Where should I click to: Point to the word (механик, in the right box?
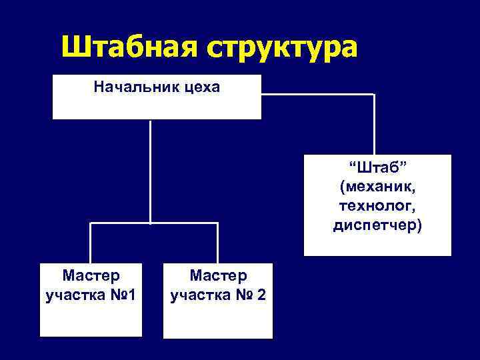377,185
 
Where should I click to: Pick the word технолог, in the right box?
377,205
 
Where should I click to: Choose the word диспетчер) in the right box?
377,225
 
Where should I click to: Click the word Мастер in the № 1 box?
91,275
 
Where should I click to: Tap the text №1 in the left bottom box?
123,294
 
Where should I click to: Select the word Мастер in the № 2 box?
218,275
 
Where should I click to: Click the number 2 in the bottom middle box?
261,294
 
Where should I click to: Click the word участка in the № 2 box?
198,294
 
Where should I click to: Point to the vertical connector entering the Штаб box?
375,127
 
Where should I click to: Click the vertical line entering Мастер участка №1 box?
91,243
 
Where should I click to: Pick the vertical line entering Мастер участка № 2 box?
217,243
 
